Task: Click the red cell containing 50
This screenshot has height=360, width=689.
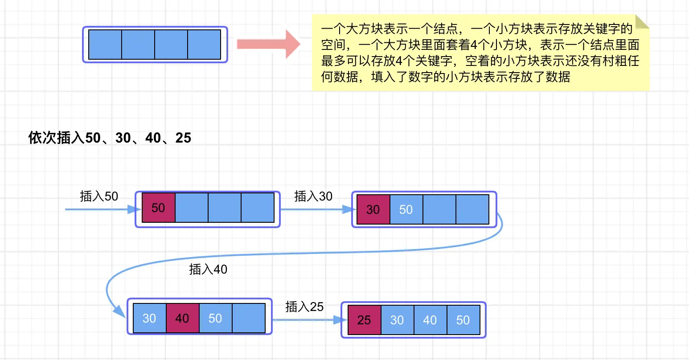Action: (158, 208)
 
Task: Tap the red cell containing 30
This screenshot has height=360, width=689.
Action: (373, 209)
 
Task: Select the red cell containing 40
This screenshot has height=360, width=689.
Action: (182, 318)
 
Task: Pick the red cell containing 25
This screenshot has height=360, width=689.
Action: (364, 320)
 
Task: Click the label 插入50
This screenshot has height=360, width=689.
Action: (99, 196)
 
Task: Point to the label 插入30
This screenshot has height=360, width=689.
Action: (313, 196)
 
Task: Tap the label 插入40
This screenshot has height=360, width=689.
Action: (208, 269)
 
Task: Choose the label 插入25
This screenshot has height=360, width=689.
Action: (304, 307)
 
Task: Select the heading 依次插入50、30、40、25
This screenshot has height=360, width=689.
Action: (110, 138)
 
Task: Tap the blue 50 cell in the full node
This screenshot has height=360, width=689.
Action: (463, 320)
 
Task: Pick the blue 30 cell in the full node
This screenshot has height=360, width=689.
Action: (397, 320)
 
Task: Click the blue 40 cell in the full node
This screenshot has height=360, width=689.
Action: (430, 320)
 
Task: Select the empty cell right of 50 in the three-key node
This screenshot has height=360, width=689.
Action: (248, 318)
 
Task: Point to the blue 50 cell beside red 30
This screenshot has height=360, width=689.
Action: (406, 209)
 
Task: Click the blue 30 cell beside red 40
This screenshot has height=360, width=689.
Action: (149, 318)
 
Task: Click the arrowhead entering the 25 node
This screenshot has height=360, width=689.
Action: (341, 320)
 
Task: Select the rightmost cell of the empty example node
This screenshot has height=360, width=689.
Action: (204, 45)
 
